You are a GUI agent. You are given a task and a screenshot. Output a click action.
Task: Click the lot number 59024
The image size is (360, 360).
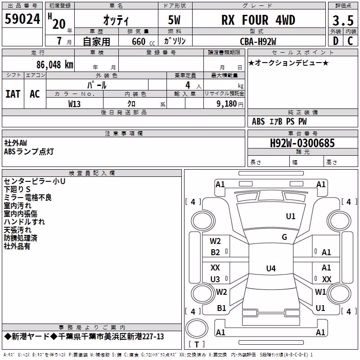22,19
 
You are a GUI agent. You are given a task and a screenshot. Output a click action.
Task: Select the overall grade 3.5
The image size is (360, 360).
343,20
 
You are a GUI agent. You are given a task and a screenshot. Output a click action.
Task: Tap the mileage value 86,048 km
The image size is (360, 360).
54,65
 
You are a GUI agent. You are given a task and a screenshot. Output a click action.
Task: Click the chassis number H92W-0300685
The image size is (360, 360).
302,143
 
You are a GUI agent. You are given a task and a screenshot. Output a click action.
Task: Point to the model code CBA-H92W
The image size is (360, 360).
258,41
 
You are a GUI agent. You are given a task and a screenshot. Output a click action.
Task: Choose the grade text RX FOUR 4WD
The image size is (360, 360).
258,20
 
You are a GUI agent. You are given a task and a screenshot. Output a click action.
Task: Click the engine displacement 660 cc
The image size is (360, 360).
143,41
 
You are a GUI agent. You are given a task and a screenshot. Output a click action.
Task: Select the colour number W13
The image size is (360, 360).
74,104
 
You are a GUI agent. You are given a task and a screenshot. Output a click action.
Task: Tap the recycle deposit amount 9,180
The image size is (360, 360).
227,104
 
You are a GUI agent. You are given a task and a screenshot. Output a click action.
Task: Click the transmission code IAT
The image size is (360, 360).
13,94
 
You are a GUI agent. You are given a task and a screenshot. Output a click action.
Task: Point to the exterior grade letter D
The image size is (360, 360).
336,41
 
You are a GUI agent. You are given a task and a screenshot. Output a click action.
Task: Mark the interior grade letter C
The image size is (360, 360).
350,41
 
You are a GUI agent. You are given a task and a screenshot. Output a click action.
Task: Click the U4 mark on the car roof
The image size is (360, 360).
271,268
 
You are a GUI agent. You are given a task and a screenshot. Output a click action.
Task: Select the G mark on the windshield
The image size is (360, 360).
284,237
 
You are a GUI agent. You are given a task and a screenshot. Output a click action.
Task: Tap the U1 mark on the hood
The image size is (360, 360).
290,216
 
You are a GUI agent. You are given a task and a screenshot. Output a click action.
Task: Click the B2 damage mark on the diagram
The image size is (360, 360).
215,252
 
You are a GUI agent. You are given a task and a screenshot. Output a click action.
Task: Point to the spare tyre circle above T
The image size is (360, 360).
197,328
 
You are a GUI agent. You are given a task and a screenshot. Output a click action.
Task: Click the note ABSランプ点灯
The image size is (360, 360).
29,152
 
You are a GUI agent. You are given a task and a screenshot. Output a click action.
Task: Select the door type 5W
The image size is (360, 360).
174,20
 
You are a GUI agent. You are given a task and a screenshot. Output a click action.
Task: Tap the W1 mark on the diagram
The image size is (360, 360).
320,292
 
